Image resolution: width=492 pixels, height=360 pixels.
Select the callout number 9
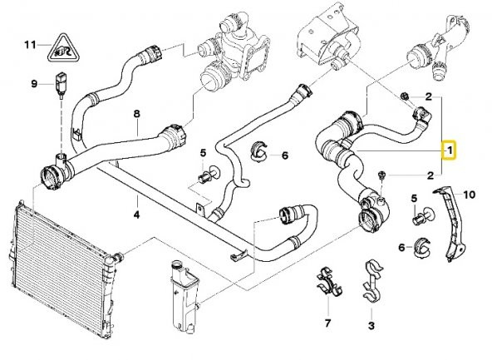[x=34, y=83]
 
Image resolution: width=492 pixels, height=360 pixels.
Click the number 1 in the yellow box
[x=450, y=150]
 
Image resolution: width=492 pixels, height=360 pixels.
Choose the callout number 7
[x=327, y=322]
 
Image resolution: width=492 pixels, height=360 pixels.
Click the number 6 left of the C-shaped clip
[x=401, y=248]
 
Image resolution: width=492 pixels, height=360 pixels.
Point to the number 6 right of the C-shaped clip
[x=284, y=155]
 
